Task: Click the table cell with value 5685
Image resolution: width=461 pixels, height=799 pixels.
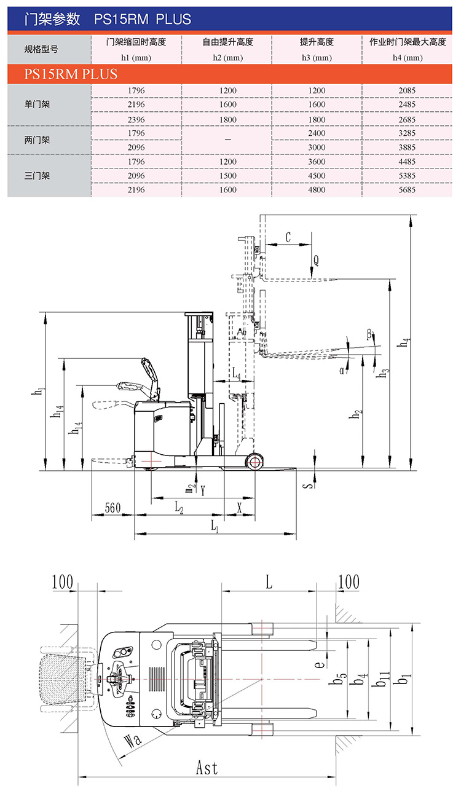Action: point(407,190)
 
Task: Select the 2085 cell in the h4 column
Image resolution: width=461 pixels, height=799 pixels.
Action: point(407,90)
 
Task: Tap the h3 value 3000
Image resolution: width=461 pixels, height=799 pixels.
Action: point(317,148)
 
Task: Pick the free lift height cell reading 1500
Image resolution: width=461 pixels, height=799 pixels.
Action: point(227,176)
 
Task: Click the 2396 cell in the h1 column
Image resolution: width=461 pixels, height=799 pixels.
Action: point(136,119)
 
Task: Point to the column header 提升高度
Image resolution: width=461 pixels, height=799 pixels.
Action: point(317,42)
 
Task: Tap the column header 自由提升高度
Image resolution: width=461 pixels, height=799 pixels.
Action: point(227,42)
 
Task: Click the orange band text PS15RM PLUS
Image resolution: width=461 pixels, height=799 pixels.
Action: point(71,74)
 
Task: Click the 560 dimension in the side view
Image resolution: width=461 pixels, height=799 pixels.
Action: point(112,508)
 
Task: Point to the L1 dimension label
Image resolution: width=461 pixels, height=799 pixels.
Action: point(215,525)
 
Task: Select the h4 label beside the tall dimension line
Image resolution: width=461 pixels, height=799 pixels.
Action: point(404,342)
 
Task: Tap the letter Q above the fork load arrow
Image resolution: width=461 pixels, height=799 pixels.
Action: point(316,261)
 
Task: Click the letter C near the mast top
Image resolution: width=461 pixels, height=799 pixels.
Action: point(288,237)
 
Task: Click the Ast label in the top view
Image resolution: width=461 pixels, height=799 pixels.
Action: point(207,768)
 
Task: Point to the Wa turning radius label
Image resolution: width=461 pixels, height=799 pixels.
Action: point(133,741)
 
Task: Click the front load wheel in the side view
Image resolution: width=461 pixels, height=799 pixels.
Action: point(254,462)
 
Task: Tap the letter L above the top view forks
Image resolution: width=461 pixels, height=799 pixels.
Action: point(269,583)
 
